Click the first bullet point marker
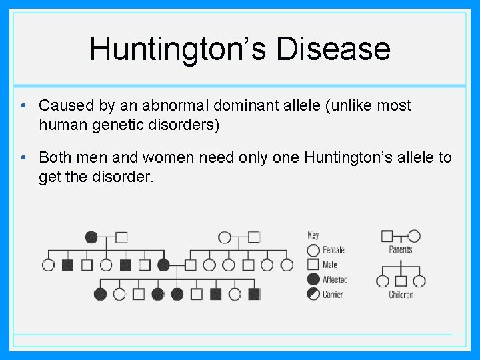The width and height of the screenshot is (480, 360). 23,105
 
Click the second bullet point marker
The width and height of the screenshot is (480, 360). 23,157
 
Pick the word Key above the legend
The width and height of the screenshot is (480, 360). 313,235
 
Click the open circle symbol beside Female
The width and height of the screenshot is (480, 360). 313,250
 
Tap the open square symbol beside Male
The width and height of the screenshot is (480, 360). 313,265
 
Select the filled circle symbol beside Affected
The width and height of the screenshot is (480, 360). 313,279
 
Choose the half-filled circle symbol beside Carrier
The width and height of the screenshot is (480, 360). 313,294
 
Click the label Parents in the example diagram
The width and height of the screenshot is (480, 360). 401,249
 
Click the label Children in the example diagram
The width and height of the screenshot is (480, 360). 401,295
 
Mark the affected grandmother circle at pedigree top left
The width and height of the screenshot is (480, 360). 91,237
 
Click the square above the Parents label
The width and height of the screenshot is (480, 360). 387,235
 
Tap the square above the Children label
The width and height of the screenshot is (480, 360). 401,281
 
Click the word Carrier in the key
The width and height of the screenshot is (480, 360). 333,295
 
